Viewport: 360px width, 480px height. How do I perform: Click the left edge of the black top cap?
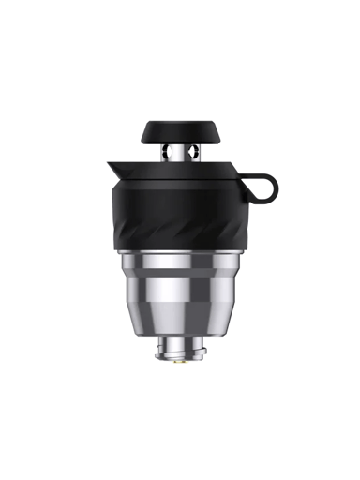[143, 130]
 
